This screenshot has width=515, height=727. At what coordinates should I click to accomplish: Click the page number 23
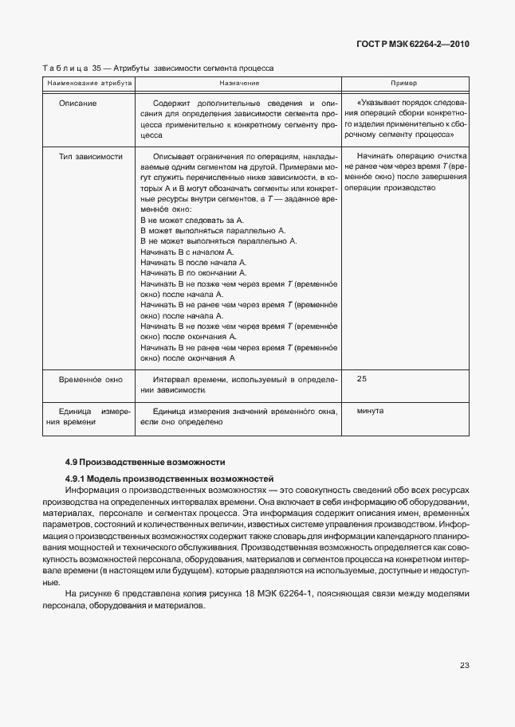[464, 665]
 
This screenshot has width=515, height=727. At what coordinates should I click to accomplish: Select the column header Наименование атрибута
[88, 83]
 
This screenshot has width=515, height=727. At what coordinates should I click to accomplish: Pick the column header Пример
[404, 83]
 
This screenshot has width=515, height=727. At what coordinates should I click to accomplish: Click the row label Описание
[78, 104]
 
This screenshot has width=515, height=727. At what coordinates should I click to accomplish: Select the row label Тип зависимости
[90, 157]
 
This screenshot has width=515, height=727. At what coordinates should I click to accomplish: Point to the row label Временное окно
[90, 380]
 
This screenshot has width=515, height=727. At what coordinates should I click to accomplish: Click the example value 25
[362, 379]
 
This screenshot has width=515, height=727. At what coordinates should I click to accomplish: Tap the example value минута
[371, 411]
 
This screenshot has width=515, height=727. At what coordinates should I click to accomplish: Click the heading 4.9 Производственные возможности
[145, 462]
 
